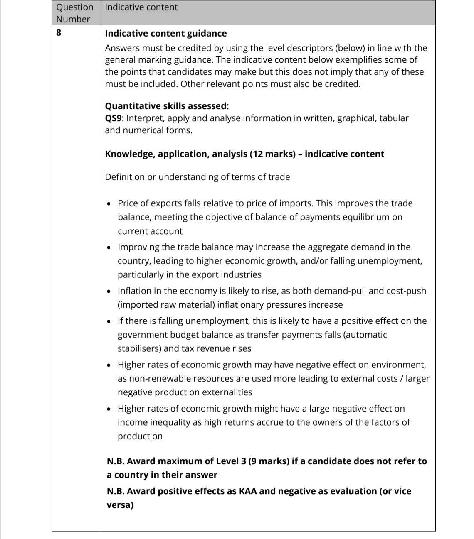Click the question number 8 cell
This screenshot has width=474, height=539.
click(x=59, y=34)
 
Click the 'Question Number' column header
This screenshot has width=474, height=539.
click(x=74, y=13)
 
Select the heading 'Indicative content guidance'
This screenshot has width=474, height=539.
click(x=166, y=34)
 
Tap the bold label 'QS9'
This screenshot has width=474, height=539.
click(x=114, y=118)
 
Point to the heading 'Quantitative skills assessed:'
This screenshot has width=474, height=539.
click(x=167, y=106)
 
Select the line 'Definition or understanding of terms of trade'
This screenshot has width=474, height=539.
click(x=197, y=177)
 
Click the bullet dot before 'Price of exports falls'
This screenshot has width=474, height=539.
click(x=109, y=204)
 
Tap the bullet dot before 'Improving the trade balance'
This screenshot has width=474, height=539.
click(x=109, y=247)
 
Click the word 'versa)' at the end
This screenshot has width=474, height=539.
click(x=120, y=505)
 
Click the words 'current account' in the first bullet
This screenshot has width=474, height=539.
click(x=150, y=231)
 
